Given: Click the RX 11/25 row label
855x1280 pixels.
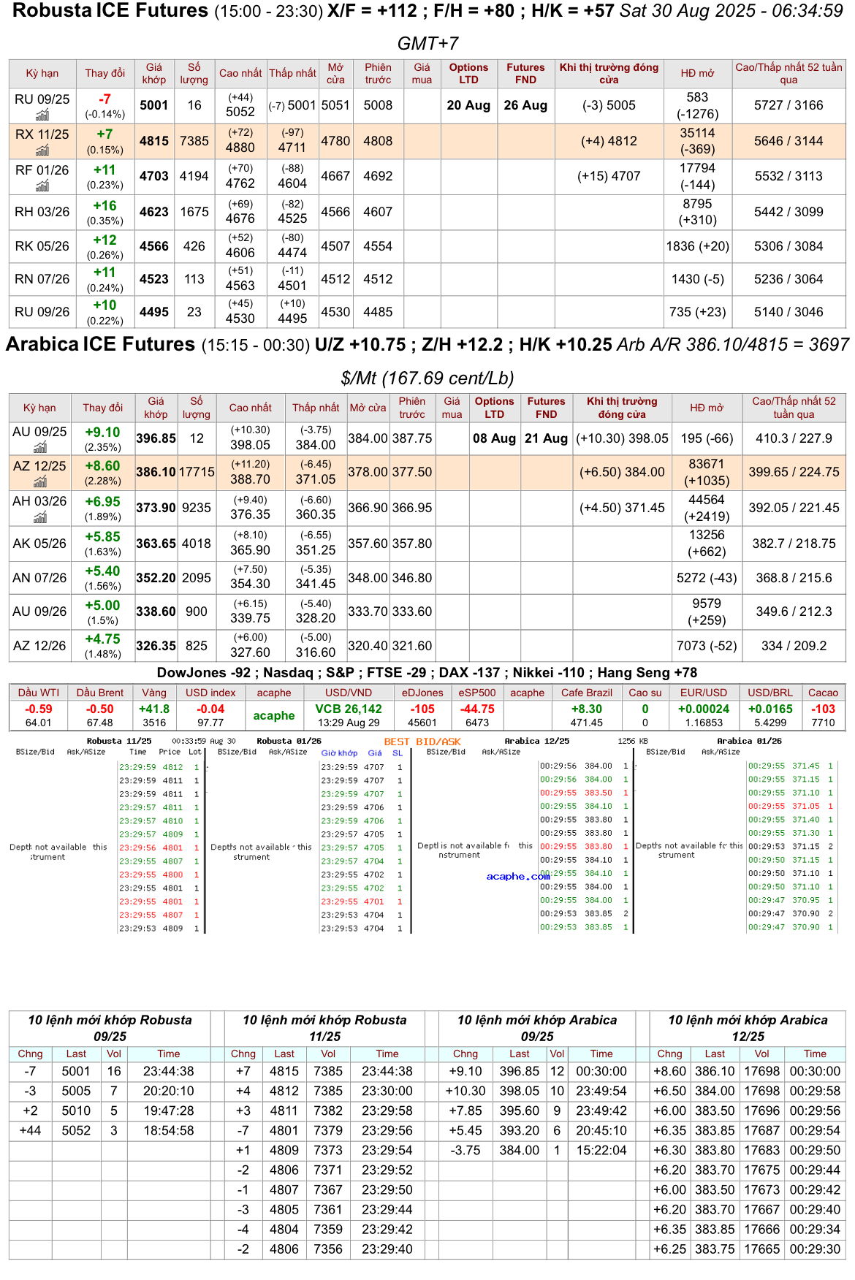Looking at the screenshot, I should pyautogui.click(x=42, y=134).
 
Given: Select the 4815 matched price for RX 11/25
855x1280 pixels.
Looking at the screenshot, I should pyautogui.click(x=154, y=141).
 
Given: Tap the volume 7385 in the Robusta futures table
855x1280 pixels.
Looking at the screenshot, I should pyautogui.click(x=194, y=141).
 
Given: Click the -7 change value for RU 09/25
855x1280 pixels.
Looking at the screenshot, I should pyautogui.click(x=105, y=99).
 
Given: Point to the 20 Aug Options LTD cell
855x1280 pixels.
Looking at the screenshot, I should pyautogui.click(x=468, y=105).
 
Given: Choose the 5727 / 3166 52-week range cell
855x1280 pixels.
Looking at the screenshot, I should pyautogui.click(x=788, y=105).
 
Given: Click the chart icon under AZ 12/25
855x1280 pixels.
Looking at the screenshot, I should pyautogui.click(x=40, y=481).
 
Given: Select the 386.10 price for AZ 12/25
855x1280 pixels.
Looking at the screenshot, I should pyautogui.click(x=156, y=473).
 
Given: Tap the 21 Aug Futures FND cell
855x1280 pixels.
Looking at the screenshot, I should pyautogui.click(x=546, y=438).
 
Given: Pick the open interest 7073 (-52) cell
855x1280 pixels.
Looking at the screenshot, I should pyautogui.click(x=706, y=646).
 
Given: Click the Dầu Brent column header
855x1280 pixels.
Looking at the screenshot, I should pyautogui.click(x=100, y=693).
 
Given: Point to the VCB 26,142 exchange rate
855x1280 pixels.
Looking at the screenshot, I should pyautogui.click(x=349, y=709).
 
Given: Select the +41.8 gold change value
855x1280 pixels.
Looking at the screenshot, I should pyautogui.click(x=154, y=709).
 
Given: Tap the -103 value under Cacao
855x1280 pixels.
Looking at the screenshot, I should pyautogui.click(x=823, y=709).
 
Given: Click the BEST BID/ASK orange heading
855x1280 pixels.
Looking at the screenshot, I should pyautogui.click(x=422, y=742).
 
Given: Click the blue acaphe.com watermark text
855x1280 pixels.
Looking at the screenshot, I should pyautogui.click(x=518, y=876).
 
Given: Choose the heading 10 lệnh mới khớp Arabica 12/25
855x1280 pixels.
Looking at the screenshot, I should pyautogui.click(x=748, y=1028).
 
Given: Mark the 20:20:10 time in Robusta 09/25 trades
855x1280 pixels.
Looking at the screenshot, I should pyautogui.click(x=168, y=1091).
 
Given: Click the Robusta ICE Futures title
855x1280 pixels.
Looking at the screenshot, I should pyautogui.click(x=110, y=11).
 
